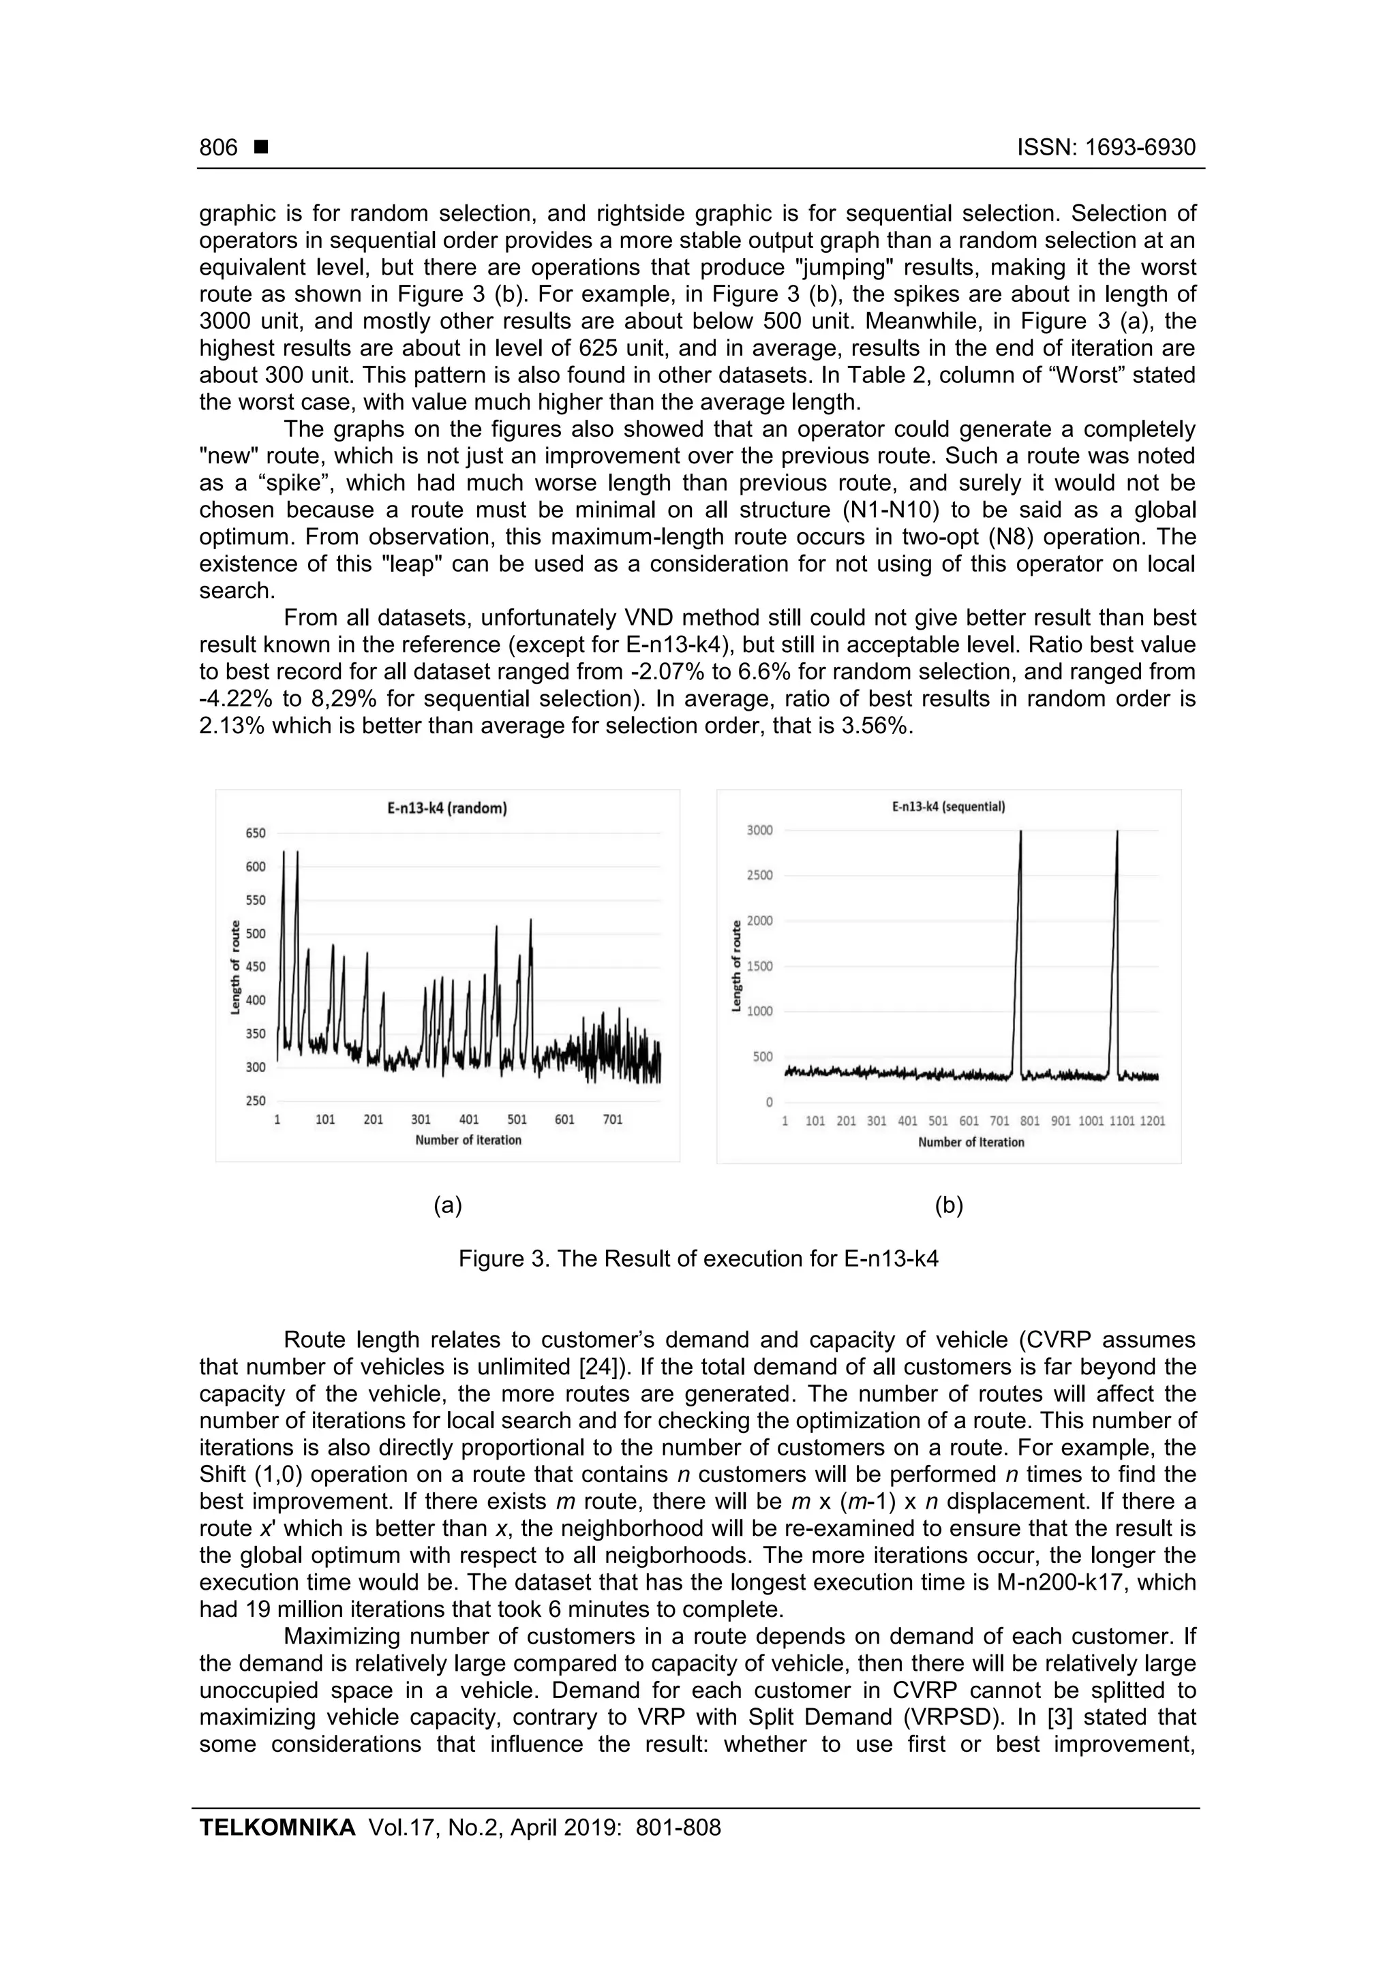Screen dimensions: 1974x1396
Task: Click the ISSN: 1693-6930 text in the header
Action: pos(1106,148)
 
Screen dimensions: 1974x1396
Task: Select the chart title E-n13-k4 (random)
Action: pos(446,808)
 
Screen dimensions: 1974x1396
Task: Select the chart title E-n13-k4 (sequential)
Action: pos(949,807)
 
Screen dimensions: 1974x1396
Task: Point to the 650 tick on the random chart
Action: pos(256,833)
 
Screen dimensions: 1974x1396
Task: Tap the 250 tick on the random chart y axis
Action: pos(256,1100)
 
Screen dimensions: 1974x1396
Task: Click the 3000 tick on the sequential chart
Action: pos(759,831)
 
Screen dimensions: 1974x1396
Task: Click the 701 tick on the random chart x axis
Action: pos(612,1120)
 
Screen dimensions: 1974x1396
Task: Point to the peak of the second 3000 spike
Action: pos(1117,832)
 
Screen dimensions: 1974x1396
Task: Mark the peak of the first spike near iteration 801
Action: pos(1021,832)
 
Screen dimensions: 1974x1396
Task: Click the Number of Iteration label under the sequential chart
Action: pos(971,1143)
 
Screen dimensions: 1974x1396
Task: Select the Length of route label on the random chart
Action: pos(236,966)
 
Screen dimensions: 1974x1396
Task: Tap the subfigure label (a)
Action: pos(448,1205)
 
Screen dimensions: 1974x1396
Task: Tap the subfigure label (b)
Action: pos(949,1205)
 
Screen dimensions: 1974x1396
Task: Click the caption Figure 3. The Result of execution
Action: pos(697,1259)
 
